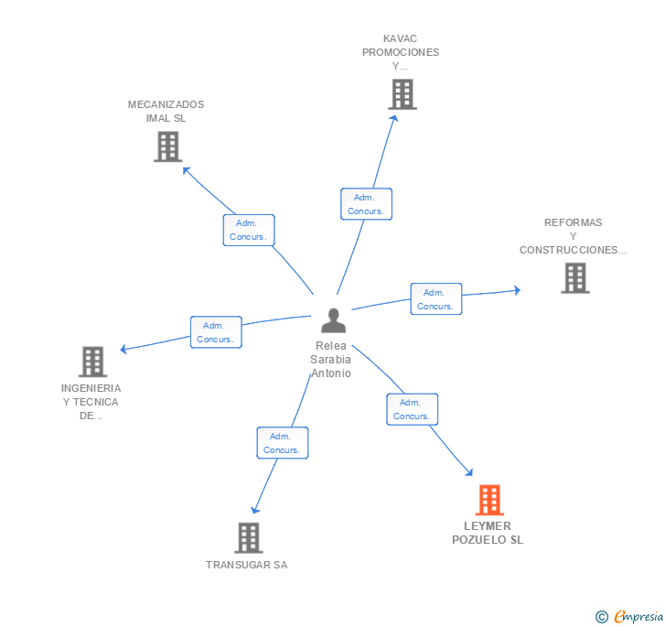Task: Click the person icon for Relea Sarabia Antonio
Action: (x=333, y=320)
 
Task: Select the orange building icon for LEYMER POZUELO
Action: (x=489, y=500)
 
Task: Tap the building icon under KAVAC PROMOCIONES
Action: (x=403, y=94)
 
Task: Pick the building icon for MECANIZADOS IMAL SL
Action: (x=167, y=146)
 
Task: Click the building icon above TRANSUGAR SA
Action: (x=249, y=537)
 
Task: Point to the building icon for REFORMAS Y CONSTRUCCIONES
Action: (x=575, y=278)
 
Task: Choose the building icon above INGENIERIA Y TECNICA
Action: (x=92, y=362)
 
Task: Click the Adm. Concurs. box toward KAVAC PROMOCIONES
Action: (x=366, y=204)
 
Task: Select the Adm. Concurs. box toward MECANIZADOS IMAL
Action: (x=249, y=230)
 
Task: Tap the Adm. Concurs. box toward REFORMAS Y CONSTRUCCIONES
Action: (x=436, y=298)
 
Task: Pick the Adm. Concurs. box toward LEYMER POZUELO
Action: (x=412, y=409)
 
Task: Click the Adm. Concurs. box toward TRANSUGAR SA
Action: (x=283, y=442)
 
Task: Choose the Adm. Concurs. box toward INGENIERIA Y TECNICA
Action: (x=216, y=332)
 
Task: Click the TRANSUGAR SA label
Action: (x=247, y=565)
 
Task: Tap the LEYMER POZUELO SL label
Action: (x=488, y=533)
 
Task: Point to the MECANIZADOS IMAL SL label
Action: (x=166, y=112)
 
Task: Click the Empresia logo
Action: (x=629, y=616)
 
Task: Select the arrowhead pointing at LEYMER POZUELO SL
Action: (x=469, y=472)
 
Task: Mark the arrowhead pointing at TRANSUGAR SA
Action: (x=255, y=510)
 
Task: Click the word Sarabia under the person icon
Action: (x=330, y=360)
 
